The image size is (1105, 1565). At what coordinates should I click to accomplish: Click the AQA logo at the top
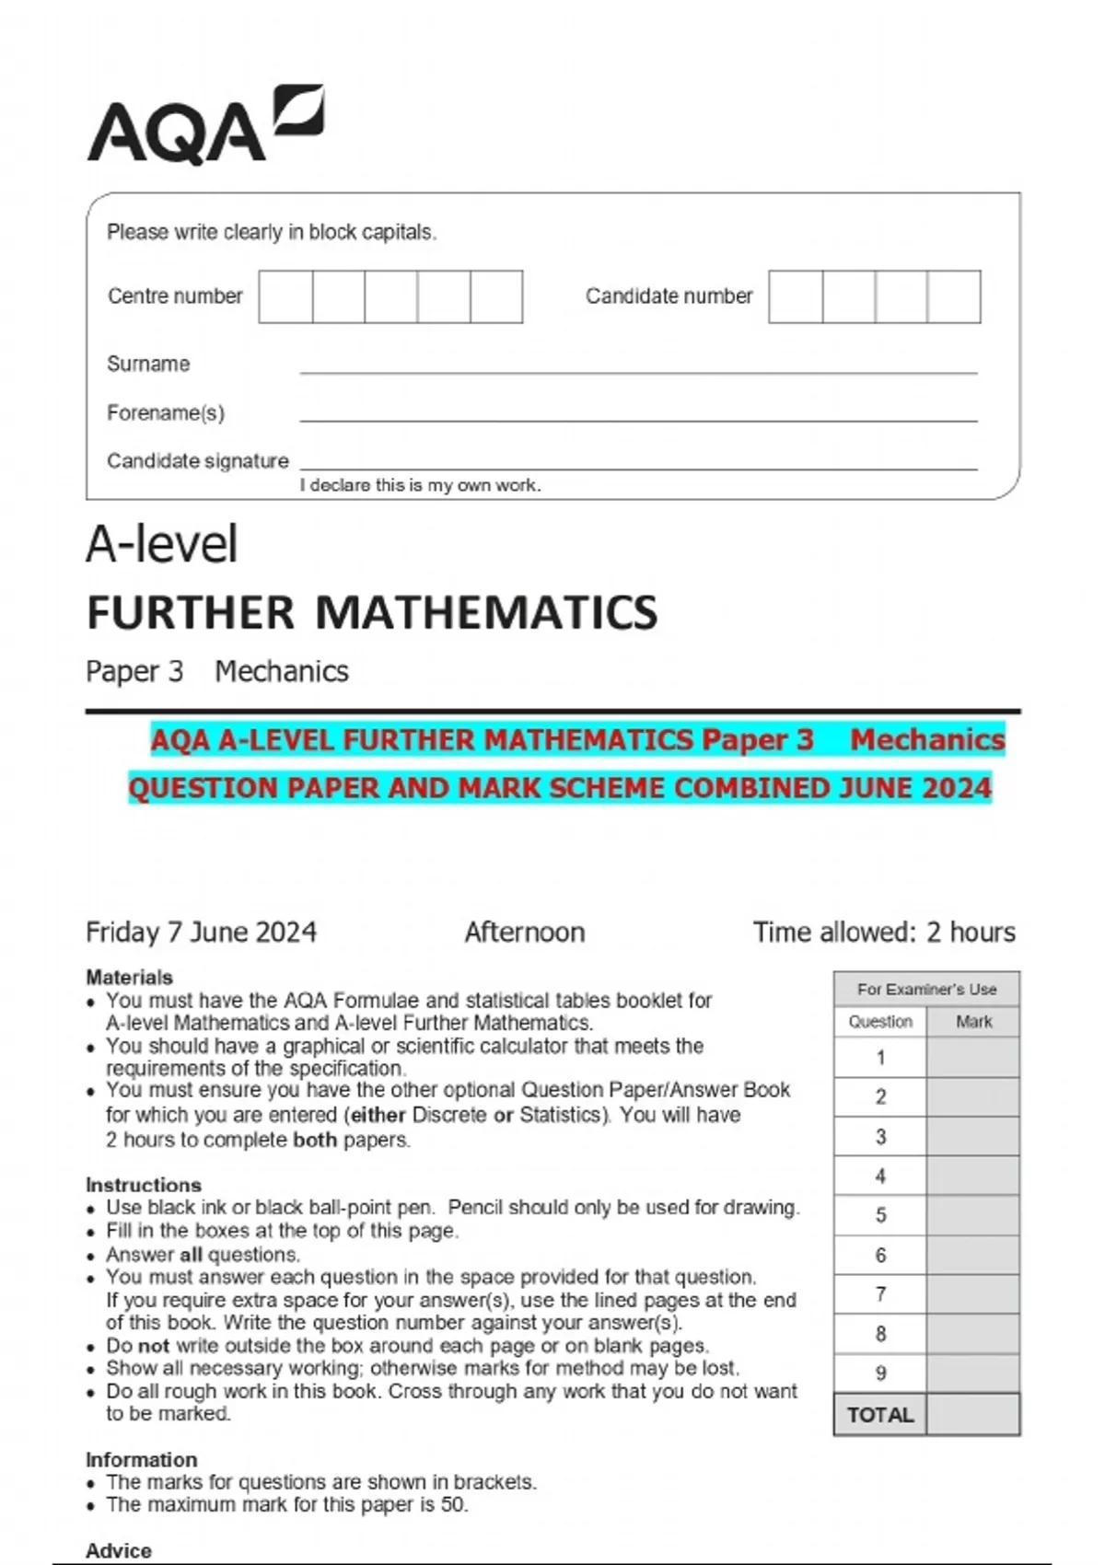pos(204,125)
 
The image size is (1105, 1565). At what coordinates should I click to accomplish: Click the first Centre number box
pos(285,296)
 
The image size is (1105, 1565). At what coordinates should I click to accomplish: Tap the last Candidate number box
pos(954,296)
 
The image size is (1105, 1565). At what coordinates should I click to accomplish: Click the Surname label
pos(148,364)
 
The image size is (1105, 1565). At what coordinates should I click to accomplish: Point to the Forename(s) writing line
pos(637,420)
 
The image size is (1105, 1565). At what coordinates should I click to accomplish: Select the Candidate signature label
pos(197,460)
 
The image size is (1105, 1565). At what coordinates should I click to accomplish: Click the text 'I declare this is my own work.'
pos(420,485)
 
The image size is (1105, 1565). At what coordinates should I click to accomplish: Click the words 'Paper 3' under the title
pos(134,671)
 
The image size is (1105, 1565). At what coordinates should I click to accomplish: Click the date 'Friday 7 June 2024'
pos(201,932)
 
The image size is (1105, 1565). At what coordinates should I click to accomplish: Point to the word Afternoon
pos(524,932)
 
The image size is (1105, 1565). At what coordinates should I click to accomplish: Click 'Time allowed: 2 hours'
pos(883,932)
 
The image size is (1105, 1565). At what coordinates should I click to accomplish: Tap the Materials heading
pos(129,977)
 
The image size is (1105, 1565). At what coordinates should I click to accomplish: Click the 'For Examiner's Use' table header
pos(926,989)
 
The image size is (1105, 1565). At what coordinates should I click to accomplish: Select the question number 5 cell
pos(880,1215)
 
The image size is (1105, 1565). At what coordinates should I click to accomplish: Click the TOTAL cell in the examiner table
pos(880,1415)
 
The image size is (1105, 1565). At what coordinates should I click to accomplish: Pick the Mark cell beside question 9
pos(973,1373)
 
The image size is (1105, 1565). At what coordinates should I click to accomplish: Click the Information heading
pos(141,1459)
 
